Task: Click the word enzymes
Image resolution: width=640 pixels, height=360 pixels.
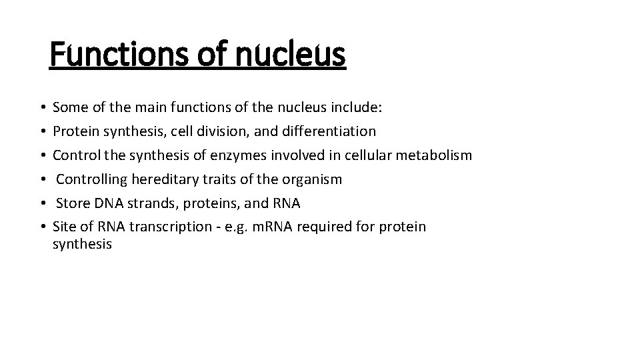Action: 243,155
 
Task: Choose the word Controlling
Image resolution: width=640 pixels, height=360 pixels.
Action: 92,179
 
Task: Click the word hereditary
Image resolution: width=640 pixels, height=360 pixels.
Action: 162,179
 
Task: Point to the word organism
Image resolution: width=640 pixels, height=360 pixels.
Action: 313,179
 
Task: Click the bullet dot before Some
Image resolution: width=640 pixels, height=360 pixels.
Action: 42,107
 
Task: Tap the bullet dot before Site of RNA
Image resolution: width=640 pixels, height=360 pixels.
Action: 42,227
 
